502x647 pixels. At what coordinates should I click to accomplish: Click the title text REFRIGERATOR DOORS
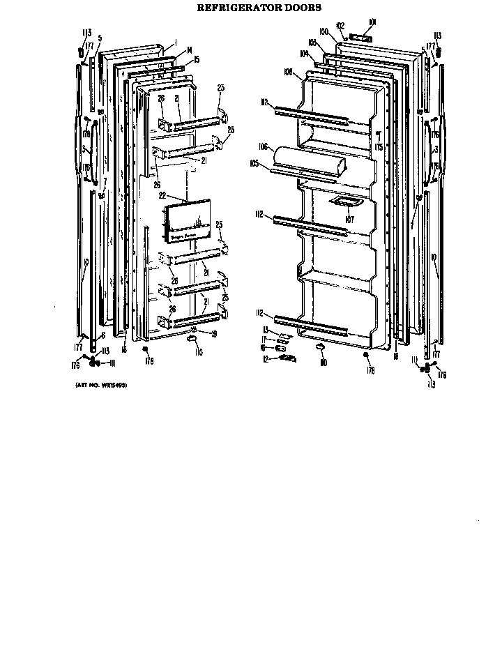point(251,8)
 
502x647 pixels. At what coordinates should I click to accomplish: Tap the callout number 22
point(162,196)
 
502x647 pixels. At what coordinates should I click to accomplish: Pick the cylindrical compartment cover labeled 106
point(310,162)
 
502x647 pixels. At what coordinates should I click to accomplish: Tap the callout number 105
point(254,165)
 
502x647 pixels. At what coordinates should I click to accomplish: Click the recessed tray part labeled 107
point(347,202)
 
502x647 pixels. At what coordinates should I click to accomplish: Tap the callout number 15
point(197,59)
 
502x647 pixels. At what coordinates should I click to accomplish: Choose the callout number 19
point(213,334)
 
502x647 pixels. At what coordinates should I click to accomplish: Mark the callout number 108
point(287,72)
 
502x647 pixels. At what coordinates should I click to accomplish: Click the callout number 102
point(341,26)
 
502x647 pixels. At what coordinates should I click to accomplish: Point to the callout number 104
point(305,52)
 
